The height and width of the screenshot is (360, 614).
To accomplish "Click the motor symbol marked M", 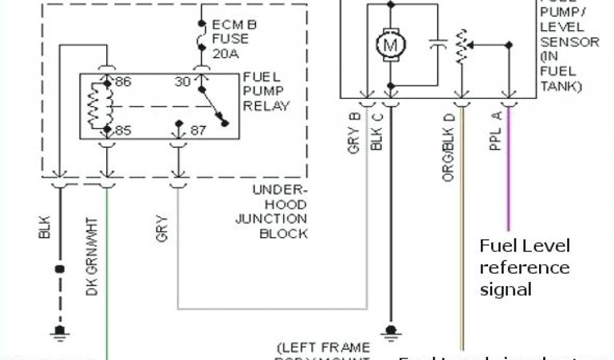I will [391, 44].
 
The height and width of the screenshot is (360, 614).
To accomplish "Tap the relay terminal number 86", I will [123, 82].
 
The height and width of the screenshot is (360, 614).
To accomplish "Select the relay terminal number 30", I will [182, 82].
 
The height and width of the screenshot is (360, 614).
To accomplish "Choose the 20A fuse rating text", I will [225, 53].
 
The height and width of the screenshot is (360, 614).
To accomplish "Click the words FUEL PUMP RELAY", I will [266, 92].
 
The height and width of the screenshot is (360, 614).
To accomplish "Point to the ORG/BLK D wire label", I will [449, 146].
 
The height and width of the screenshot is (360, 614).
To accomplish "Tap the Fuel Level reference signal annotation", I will [524, 268].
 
